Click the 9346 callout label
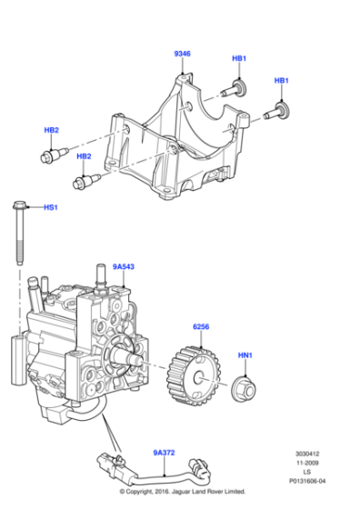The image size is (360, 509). coord(182,54)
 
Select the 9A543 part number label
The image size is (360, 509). coord(123,266)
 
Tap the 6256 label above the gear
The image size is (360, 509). coord(202,326)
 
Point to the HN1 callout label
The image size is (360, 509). coord(245,355)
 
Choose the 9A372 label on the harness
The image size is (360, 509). coord(164,452)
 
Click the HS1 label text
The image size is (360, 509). coord(51,207)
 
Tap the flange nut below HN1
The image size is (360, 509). coord(243,385)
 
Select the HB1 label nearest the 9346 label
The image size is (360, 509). coord(239,59)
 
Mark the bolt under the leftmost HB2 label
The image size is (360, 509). coord(47,157)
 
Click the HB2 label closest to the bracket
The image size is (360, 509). coord(84,156)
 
